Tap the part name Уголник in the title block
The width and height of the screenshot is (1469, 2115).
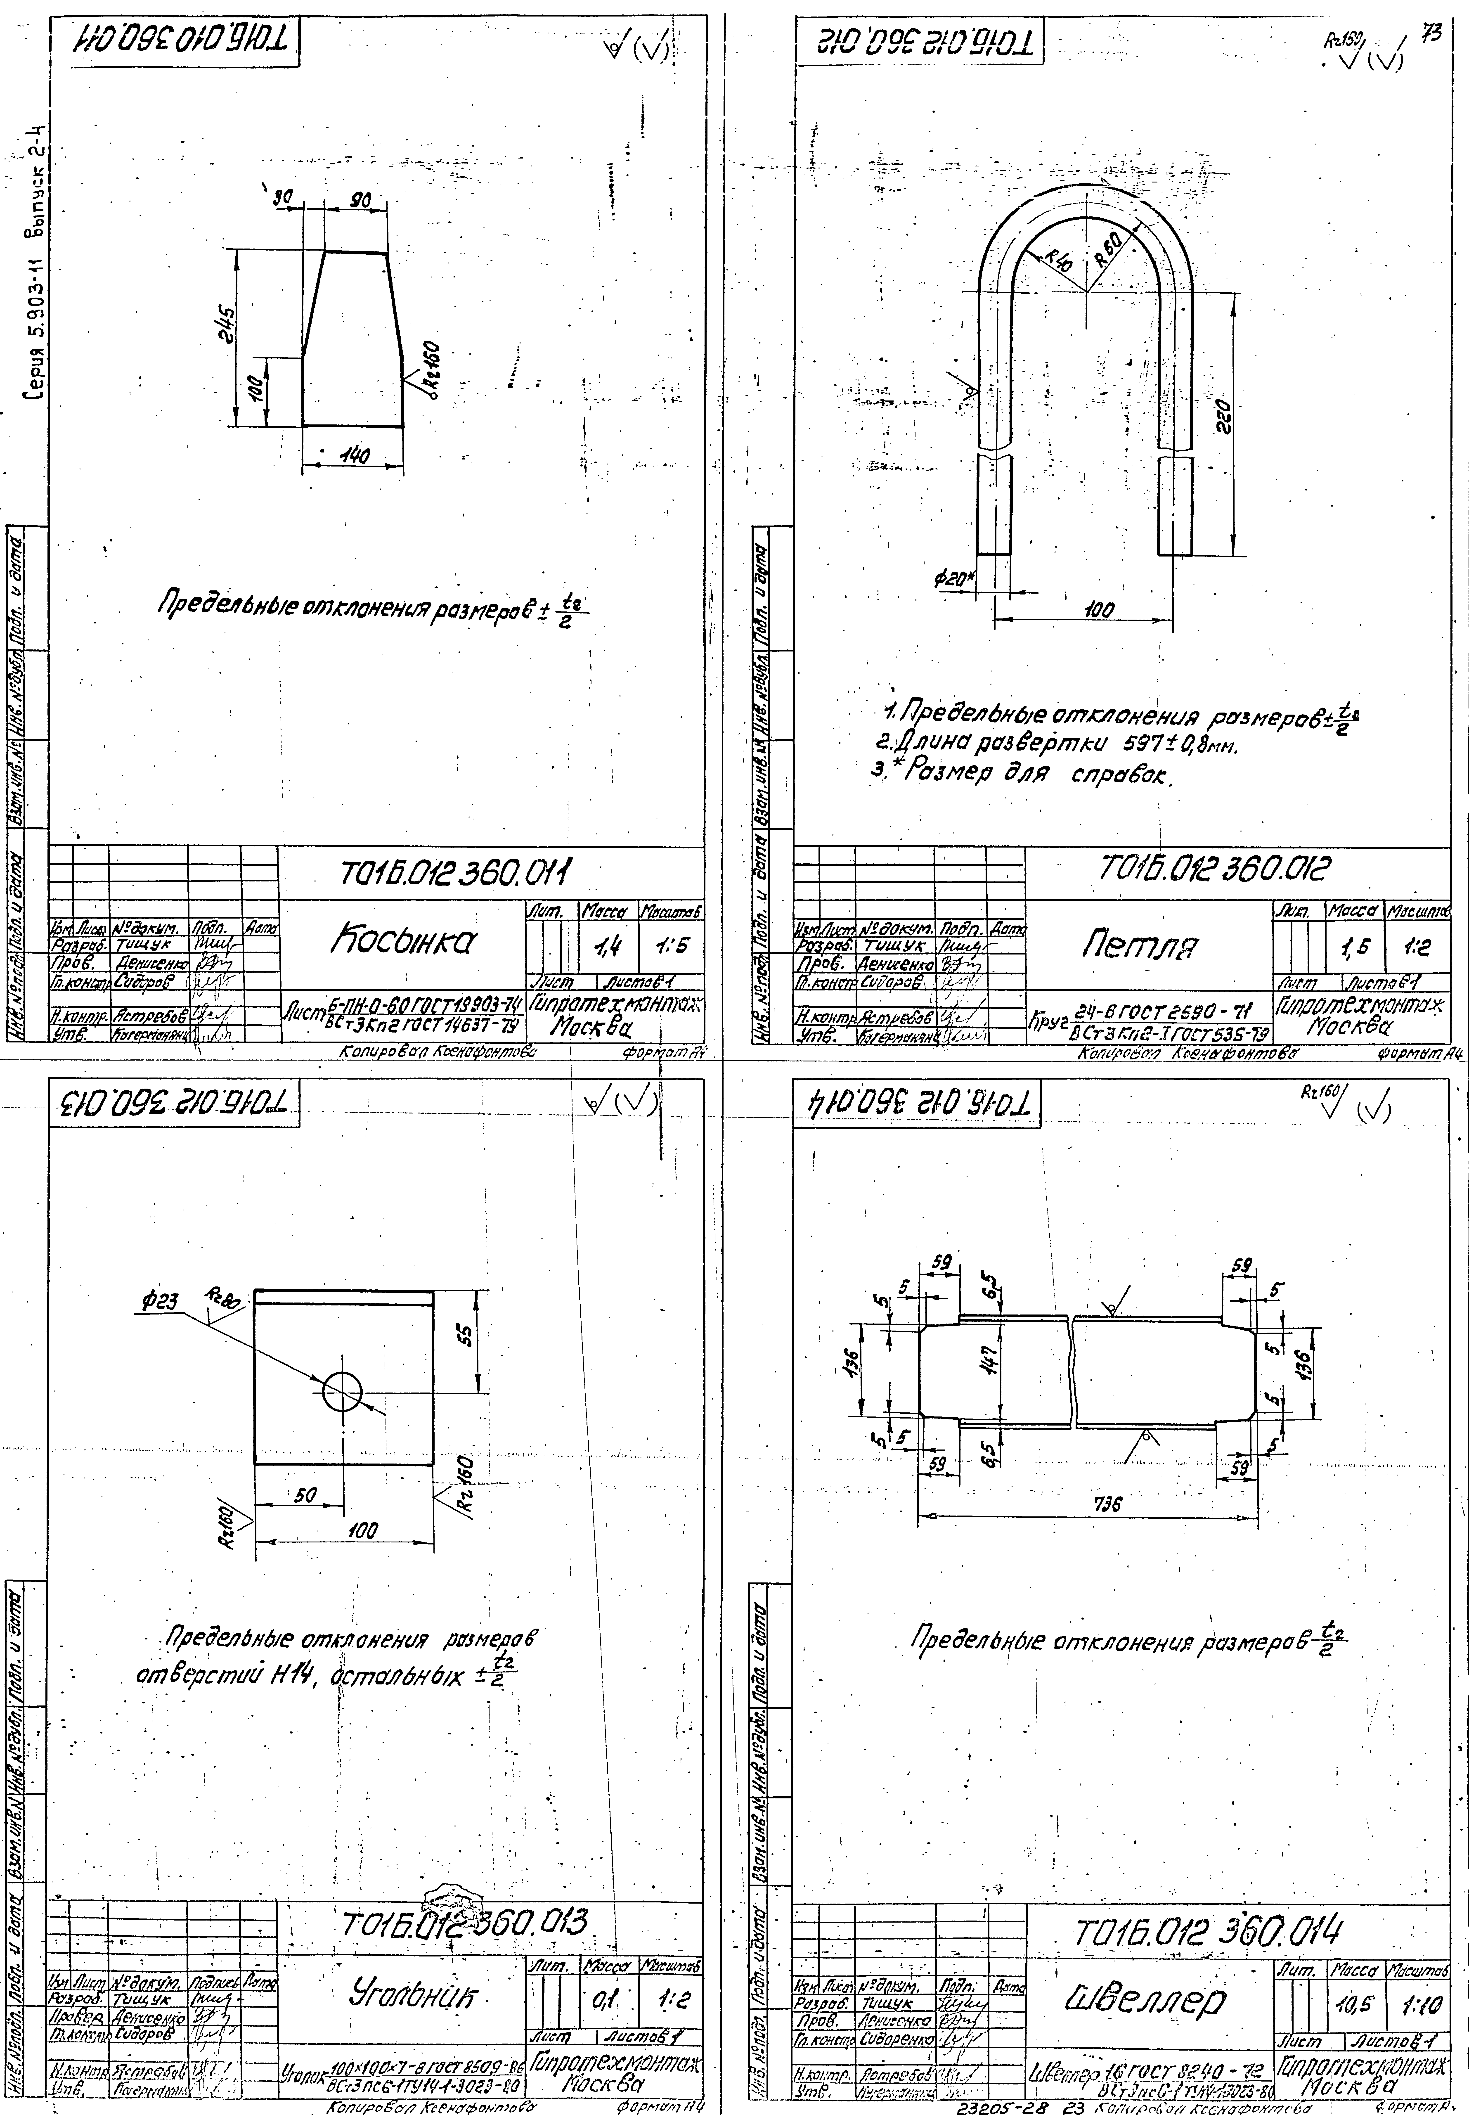(406, 1994)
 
